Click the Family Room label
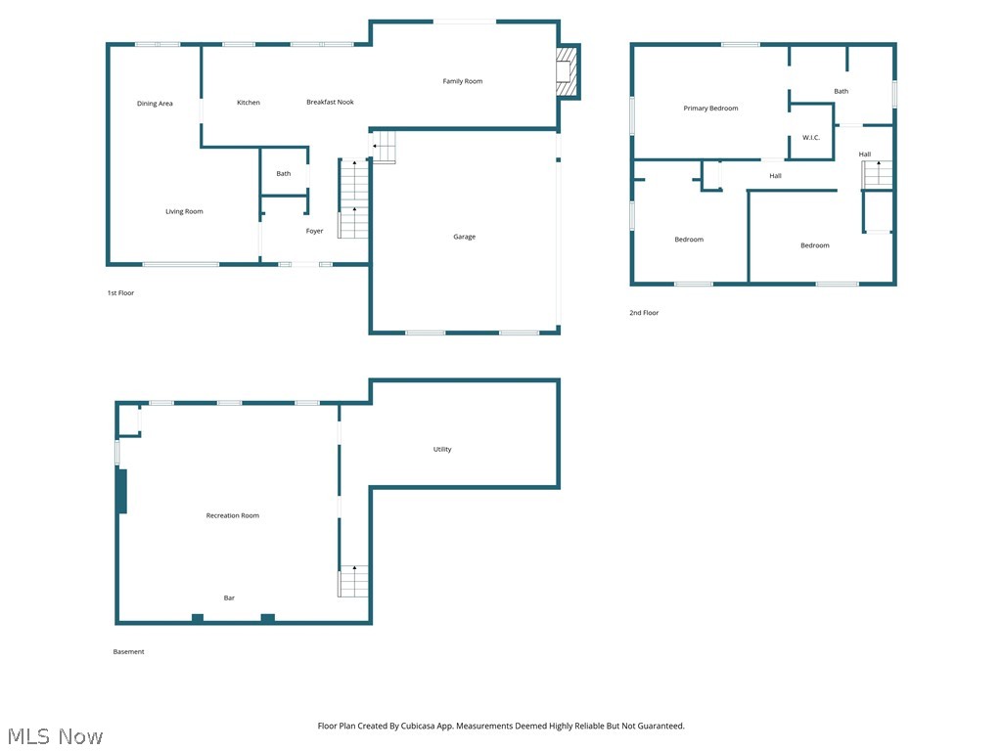[x=463, y=81]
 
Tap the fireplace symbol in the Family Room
[x=565, y=74]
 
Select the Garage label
[x=464, y=237]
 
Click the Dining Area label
[x=155, y=104]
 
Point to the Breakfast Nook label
[x=330, y=102]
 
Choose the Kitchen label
[x=249, y=103]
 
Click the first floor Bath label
[x=283, y=174]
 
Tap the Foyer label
[x=314, y=232]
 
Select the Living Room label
[x=184, y=211]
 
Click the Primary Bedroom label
[x=710, y=109]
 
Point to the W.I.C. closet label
[x=811, y=138]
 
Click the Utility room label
[x=442, y=450]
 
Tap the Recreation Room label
[x=233, y=515]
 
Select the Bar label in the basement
[x=229, y=597]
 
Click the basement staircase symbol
[x=353, y=581]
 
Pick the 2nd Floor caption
[x=644, y=313]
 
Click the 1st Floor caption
[x=120, y=293]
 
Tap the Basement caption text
[x=128, y=652]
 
